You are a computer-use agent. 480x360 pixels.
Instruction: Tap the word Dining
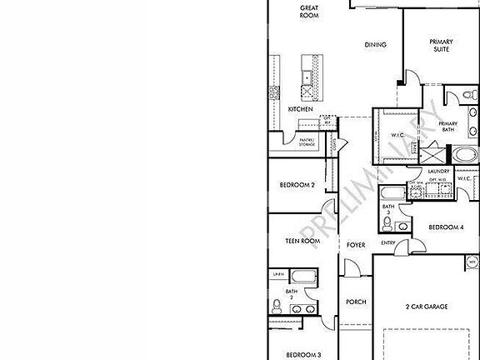tap(375, 44)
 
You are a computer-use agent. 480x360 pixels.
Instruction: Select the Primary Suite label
tap(440, 45)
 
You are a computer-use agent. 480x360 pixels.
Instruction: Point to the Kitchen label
tap(300, 109)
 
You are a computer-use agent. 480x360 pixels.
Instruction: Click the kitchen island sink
tap(307, 77)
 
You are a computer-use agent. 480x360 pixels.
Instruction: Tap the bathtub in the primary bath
tap(463, 155)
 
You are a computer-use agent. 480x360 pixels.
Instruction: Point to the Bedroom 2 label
tap(296, 185)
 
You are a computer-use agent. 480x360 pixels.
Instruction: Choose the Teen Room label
tap(303, 241)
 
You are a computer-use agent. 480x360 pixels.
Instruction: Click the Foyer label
tap(356, 245)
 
